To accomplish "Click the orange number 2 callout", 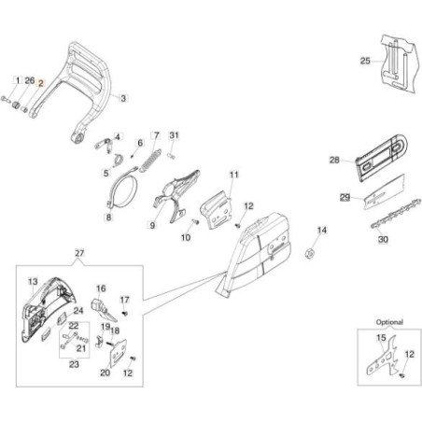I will pos(41,82).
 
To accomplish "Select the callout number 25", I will pos(365,62).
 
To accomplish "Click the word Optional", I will pos(388,322).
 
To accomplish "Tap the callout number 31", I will pos(174,137).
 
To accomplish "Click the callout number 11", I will pos(234,175).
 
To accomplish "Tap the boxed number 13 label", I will pos(32,281).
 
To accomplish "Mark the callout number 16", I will pos(101,288).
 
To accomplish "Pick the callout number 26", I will pos(29,82).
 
